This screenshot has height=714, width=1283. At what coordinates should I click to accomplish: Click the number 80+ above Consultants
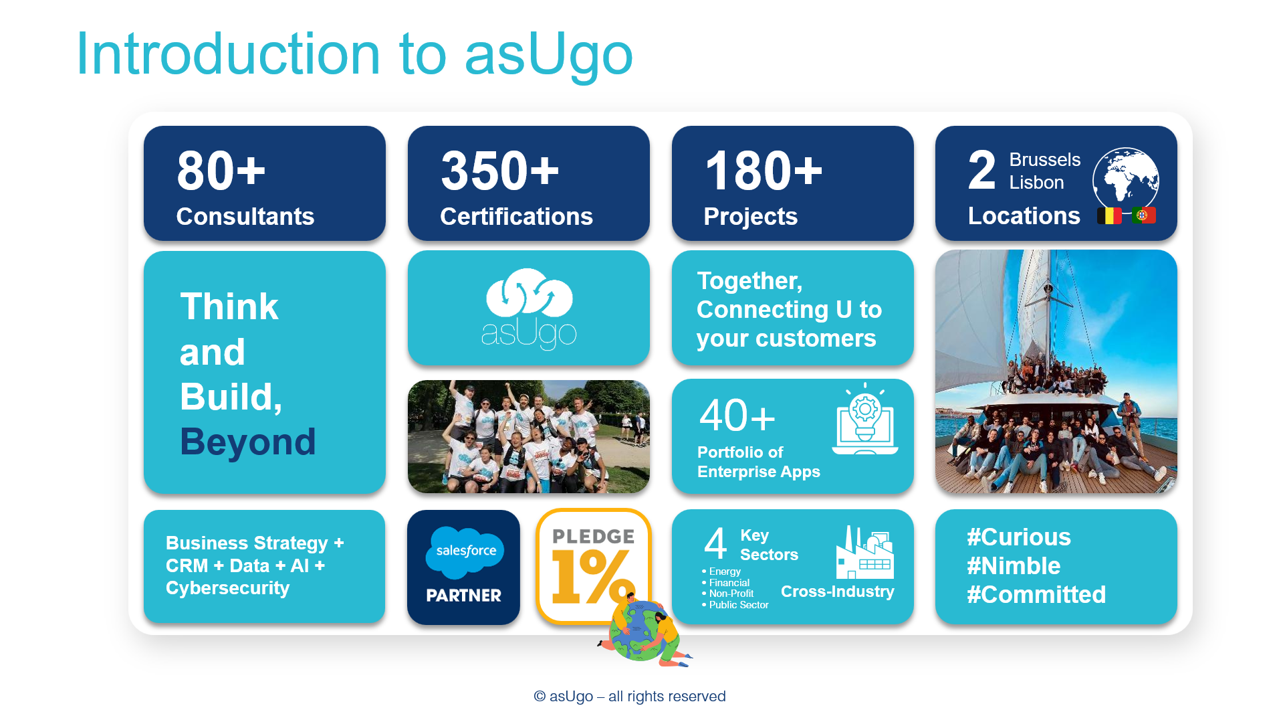(x=221, y=171)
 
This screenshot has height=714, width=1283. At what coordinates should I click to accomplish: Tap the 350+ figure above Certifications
(x=499, y=171)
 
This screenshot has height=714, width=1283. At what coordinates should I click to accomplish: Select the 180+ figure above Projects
(x=764, y=171)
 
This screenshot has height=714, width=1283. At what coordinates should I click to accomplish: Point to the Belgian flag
(x=1109, y=215)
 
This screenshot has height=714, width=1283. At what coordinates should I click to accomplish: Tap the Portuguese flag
(x=1144, y=215)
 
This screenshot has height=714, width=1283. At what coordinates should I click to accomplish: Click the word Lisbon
(x=1036, y=183)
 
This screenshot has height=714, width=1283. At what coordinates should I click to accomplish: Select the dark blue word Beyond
(x=247, y=442)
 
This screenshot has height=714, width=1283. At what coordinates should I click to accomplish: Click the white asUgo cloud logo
(x=529, y=308)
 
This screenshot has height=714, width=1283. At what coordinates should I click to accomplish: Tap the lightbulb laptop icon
(x=865, y=419)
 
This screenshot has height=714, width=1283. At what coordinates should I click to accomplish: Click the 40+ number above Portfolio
(x=737, y=416)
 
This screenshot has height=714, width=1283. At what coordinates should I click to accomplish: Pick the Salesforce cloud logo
(x=465, y=553)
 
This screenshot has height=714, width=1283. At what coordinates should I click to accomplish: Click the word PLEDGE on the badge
(x=593, y=537)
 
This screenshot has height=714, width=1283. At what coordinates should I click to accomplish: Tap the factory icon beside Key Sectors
(x=864, y=553)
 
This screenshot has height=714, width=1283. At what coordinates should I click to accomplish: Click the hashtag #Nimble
(x=1014, y=566)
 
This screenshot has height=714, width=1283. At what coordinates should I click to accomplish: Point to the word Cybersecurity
(x=227, y=588)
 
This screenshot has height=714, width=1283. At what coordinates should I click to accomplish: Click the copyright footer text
(x=630, y=697)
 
